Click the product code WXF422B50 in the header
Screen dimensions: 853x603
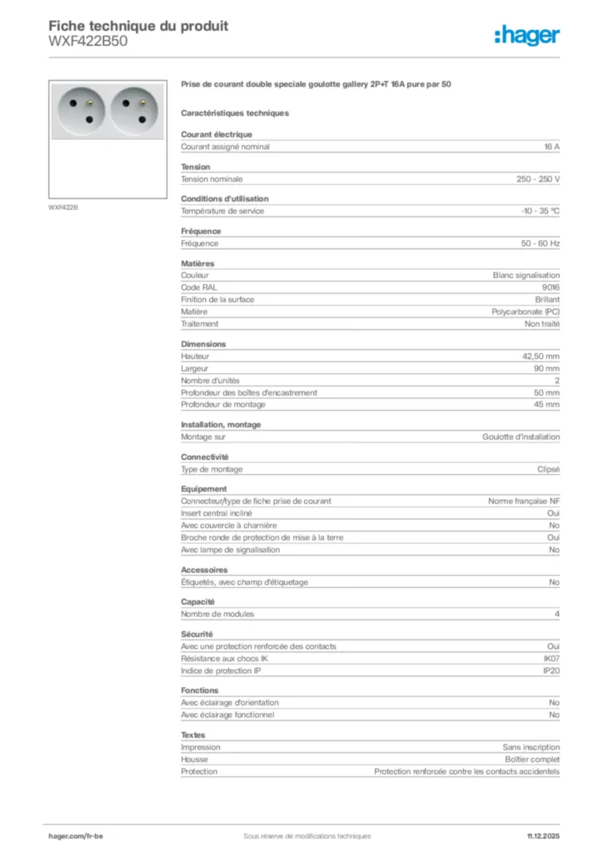pos(88,42)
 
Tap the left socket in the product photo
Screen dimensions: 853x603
pos(80,108)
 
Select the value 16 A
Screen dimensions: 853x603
pos(551,147)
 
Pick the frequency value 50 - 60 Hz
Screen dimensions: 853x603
pos(541,243)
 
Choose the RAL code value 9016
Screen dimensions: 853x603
pos(551,287)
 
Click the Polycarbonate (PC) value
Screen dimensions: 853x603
pos(526,312)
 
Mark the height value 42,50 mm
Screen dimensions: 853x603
pos(541,356)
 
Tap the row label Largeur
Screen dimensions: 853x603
pos(195,368)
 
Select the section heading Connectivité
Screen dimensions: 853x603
pos(204,456)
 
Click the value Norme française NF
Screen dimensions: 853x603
pos(524,501)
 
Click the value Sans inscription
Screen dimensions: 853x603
pos(531,747)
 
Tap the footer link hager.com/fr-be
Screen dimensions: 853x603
pos(76,836)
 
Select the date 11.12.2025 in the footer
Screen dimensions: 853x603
pos(543,836)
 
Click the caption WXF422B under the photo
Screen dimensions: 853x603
pos(63,207)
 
